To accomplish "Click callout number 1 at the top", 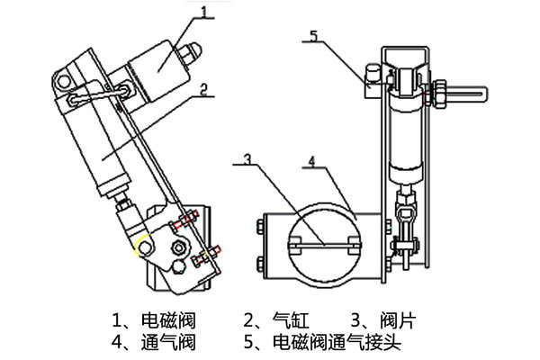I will [x=207, y=13].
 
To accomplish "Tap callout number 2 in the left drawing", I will [x=205, y=88].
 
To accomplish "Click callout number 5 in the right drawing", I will [x=312, y=37].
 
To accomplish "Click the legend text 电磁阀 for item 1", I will [x=170, y=319].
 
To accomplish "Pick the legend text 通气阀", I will [x=170, y=342].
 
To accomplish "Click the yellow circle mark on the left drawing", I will [x=142, y=245].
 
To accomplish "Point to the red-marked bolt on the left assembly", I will [x=187, y=219].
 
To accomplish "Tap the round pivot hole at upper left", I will [x=64, y=83].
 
